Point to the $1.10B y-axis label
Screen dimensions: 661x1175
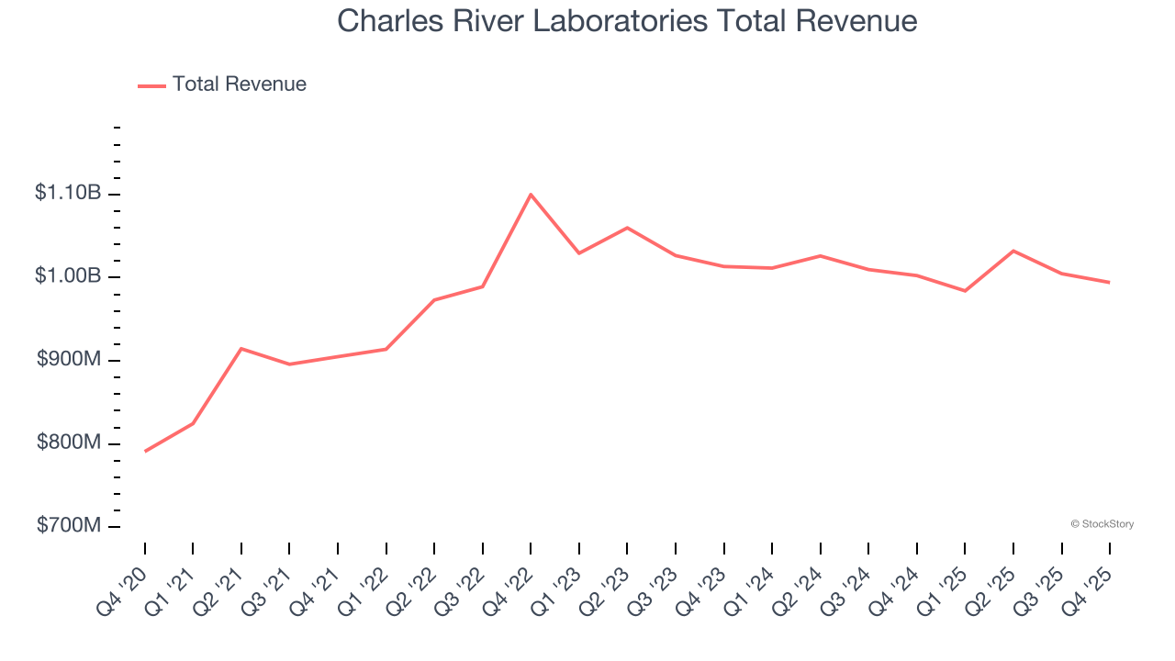tap(68, 193)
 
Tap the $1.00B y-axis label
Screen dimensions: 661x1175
tap(68, 276)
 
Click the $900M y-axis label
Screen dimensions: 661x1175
tap(69, 360)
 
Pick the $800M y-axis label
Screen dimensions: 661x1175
tap(69, 443)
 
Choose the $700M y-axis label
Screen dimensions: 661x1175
tap(69, 526)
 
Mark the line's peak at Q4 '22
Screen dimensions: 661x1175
tap(531, 195)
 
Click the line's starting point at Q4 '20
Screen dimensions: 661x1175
tap(145, 451)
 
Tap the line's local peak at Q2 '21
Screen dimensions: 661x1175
tap(241, 349)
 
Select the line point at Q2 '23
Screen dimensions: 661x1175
tap(627, 228)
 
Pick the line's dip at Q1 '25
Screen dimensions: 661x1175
tap(965, 291)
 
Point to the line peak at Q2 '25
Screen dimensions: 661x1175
tap(1013, 251)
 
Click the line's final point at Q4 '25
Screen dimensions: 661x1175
tap(1110, 282)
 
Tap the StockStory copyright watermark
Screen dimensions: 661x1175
tap(1102, 524)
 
